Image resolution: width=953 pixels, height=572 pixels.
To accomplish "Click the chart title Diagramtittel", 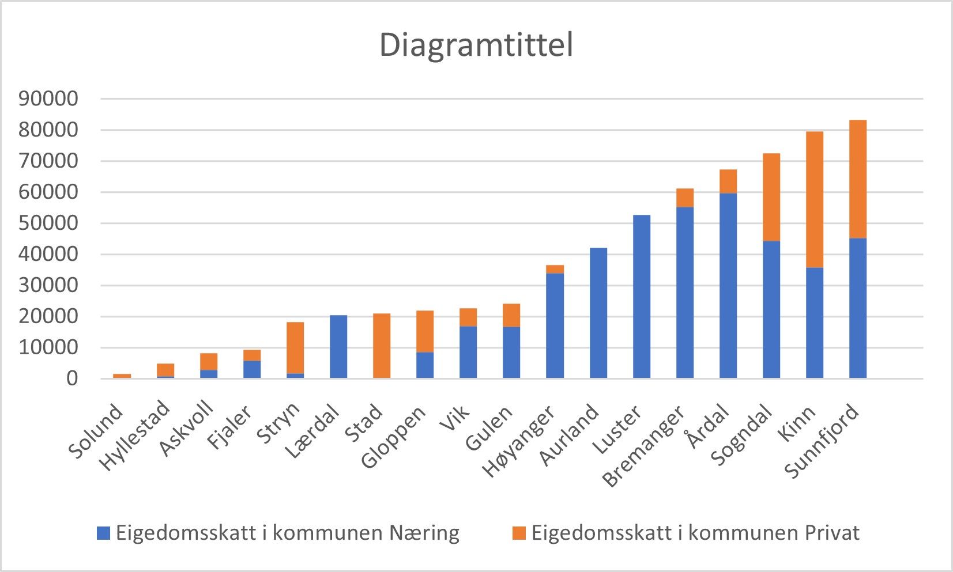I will click(476, 45).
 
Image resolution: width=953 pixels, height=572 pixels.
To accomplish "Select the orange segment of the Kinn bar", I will click(814, 199).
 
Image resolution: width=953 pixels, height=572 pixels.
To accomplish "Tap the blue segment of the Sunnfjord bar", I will click(857, 308).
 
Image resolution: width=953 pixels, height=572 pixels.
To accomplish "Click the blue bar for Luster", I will click(641, 297).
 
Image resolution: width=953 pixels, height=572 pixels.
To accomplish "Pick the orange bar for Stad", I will click(382, 346).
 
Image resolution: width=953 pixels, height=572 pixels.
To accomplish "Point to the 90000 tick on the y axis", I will click(48, 99).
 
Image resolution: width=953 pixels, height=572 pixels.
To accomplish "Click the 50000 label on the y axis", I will click(48, 224).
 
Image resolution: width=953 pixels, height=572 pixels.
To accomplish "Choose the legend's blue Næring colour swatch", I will click(103, 533).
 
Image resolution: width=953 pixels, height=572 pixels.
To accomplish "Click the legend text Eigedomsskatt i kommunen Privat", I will click(695, 533).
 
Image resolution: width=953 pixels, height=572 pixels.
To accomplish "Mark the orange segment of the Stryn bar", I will click(295, 348).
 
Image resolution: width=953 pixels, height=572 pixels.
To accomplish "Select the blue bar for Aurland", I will click(598, 313).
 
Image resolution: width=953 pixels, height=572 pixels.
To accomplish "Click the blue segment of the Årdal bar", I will click(728, 285).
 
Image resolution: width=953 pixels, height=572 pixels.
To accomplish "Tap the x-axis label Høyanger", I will click(519, 442).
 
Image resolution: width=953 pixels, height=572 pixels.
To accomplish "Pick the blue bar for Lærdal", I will click(338, 347).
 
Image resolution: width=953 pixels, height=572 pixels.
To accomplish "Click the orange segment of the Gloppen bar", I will click(425, 331).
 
